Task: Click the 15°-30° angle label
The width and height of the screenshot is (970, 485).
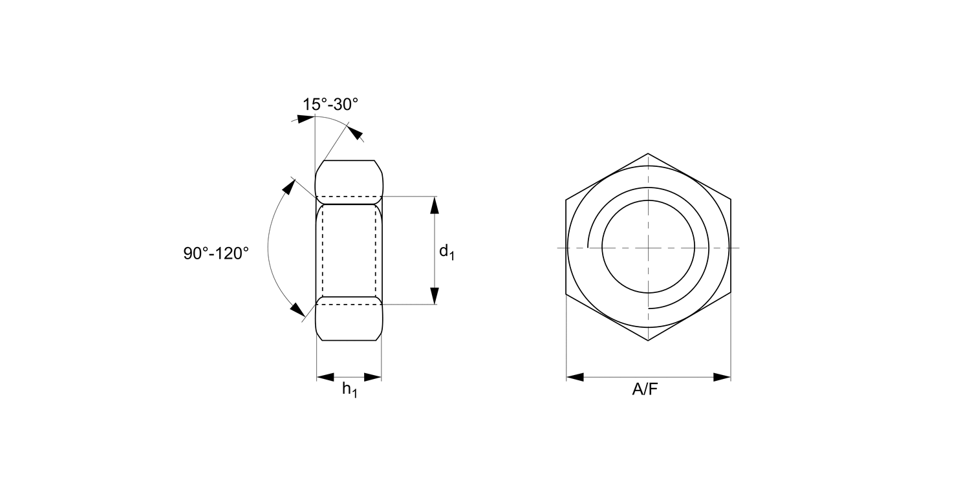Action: [x=330, y=104]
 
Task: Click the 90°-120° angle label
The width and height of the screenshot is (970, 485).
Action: [x=216, y=253]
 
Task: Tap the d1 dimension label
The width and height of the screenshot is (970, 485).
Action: [x=447, y=252]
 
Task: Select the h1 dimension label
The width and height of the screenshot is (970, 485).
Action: [x=349, y=389]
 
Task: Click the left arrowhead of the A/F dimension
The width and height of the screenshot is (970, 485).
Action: [x=575, y=377]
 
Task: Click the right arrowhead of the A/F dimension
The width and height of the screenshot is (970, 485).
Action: [x=722, y=377]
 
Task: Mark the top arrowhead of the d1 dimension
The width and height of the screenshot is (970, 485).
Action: [x=435, y=205]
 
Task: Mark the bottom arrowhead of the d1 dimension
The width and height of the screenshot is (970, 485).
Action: [x=435, y=295]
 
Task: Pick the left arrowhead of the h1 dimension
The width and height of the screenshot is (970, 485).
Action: [x=325, y=377]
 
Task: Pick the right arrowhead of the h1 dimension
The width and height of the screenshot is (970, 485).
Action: [x=373, y=377]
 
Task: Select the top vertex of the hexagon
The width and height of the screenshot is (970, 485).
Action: [x=648, y=154]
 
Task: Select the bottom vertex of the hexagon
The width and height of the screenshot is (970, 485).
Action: [x=648, y=341]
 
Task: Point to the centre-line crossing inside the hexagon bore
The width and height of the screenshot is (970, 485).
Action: [x=648, y=248]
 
